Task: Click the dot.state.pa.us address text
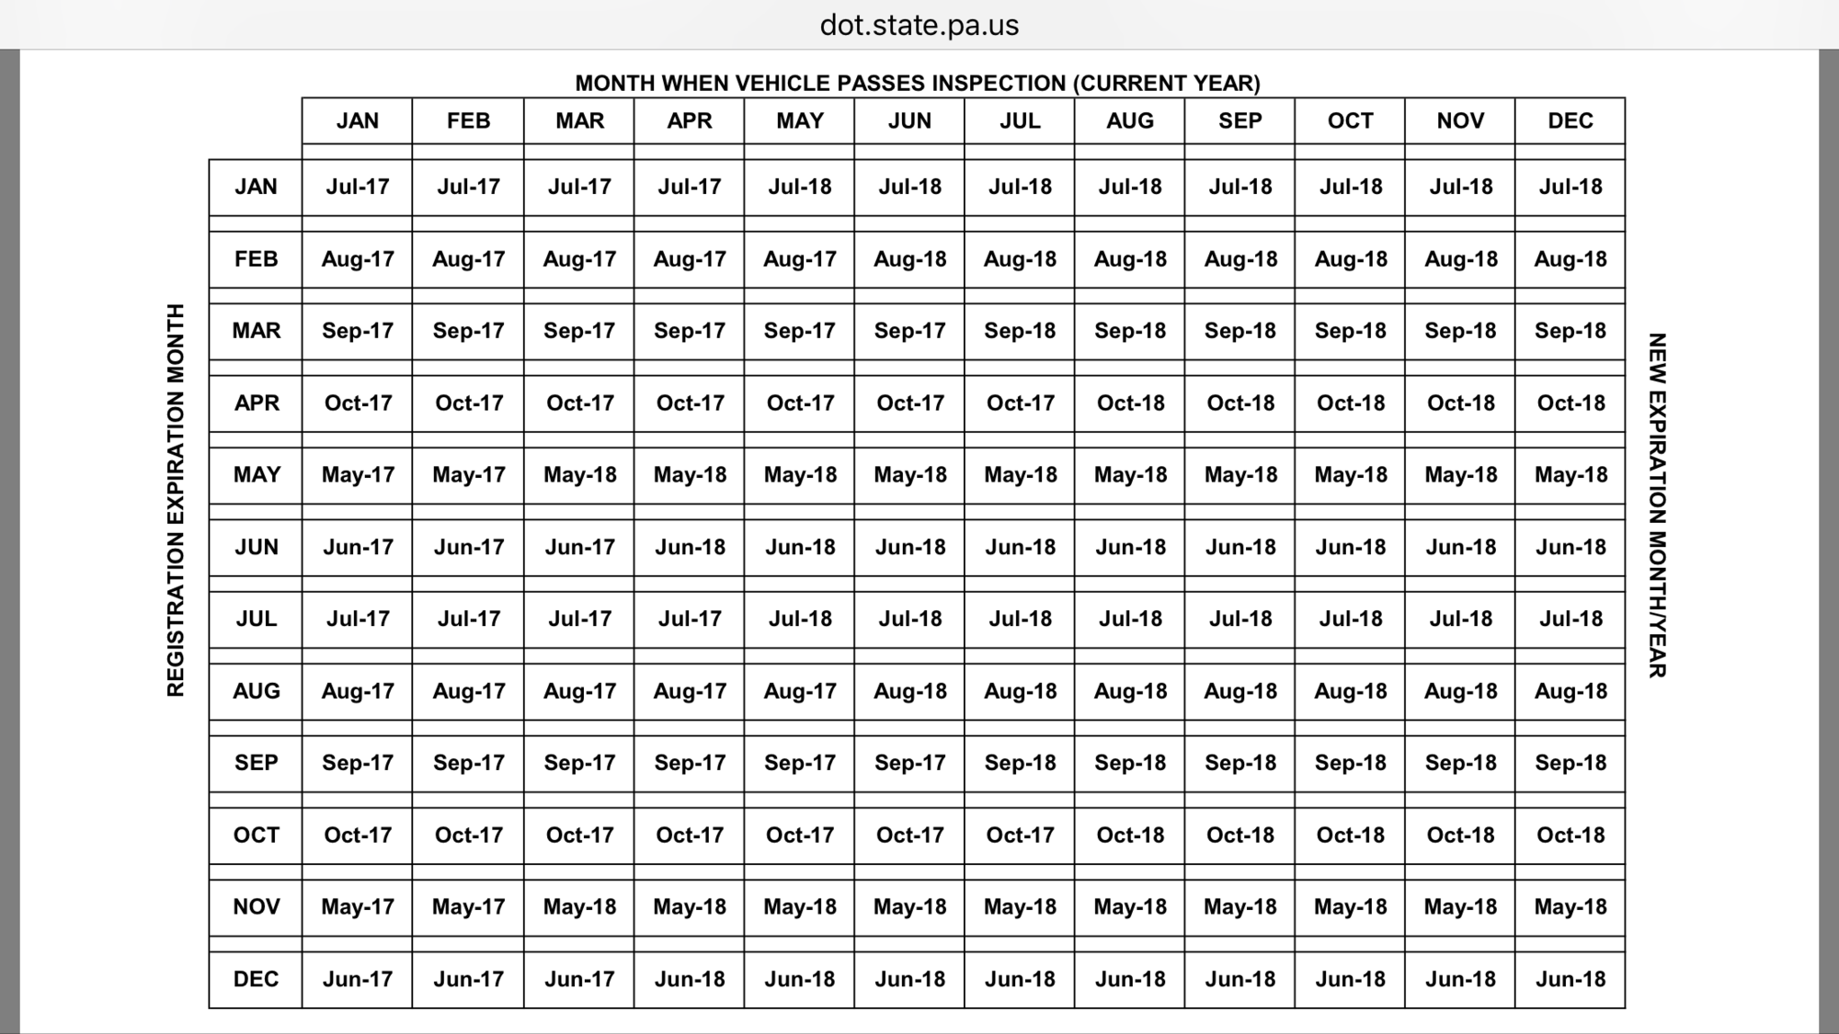919,25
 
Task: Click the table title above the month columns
918,84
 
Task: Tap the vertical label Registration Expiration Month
176,500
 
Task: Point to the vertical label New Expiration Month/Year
1657,506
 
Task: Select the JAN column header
357,121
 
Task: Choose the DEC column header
1570,121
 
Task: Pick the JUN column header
909,121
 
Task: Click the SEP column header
1239,121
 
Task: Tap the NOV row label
256,907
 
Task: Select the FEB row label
256,259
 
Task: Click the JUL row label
256,619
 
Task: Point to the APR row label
256,403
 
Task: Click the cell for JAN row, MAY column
799,187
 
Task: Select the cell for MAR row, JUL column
1020,331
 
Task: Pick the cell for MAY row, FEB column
468,475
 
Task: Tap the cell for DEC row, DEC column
1570,979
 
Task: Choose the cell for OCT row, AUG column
1130,835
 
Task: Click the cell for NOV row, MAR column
579,907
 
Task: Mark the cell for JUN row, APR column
690,547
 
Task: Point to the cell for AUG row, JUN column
909,691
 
